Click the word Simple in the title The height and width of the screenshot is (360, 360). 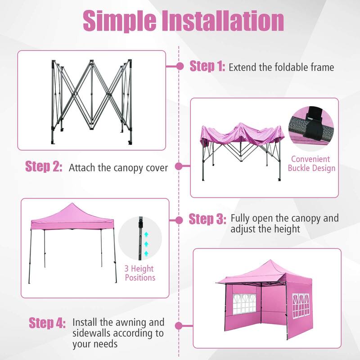[120, 21]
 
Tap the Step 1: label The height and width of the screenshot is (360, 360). [207, 66]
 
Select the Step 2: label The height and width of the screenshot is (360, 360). [44, 166]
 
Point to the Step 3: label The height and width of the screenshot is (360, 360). [207, 219]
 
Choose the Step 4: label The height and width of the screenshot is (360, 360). [47, 323]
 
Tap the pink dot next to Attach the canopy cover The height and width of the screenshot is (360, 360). [179, 166]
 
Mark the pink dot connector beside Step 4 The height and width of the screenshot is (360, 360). [179, 325]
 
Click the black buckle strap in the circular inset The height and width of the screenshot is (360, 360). [314, 124]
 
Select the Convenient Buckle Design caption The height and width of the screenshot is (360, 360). [311, 163]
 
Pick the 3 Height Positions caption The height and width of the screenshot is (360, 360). [140, 273]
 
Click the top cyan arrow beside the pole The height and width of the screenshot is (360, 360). [146, 234]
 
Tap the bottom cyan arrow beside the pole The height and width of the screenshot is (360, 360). [146, 253]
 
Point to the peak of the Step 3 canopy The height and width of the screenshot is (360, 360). [72, 203]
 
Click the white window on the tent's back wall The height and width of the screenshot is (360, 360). [244, 304]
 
